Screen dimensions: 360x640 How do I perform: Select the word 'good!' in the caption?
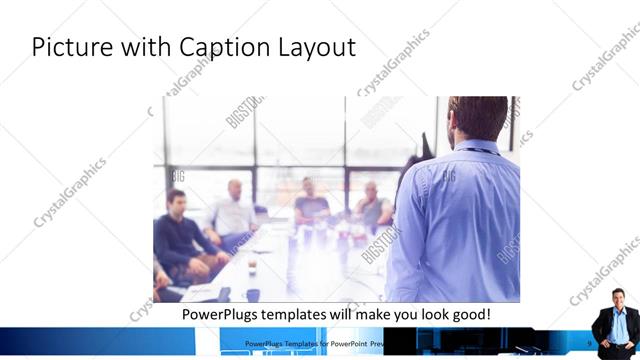pos(468,314)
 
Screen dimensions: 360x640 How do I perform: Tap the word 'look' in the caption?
pos(425,314)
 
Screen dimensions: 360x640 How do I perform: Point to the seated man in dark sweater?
pos(178,235)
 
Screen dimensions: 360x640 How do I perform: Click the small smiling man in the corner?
pos(614,318)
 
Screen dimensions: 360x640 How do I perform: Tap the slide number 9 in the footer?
pos(589,342)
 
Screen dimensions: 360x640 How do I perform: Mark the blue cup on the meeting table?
pos(253,293)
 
